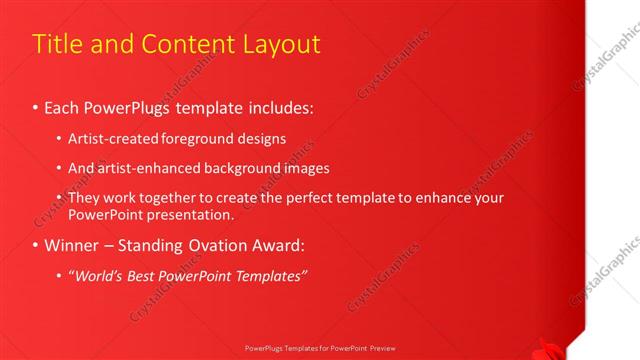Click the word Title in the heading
[x=56, y=44]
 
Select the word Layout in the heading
[x=281, y=44]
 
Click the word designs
[x=264, y=138]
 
